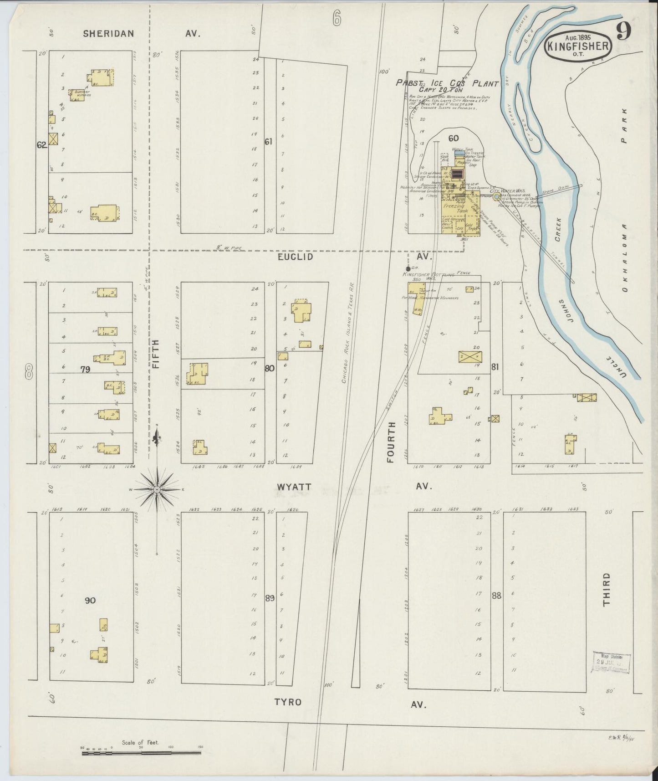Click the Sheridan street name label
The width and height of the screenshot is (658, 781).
click(108, 33)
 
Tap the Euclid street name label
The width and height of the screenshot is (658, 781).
click(296, 257)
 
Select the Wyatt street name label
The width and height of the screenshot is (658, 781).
click(294, 487)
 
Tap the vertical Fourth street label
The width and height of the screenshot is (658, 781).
click(391, 442)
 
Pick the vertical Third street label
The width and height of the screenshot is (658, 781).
click(606, 590)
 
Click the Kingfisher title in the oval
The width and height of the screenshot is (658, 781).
click(578, 46)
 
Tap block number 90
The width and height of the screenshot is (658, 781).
click(90, 601)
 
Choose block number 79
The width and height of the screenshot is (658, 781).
click(85, 370)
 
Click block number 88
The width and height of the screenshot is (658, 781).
click(496, 595)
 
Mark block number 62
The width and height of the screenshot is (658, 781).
click(42, 145)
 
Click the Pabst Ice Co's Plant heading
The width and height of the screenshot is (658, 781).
click(447, 84)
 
